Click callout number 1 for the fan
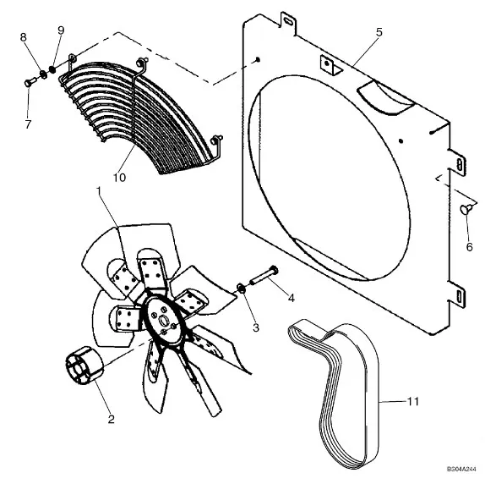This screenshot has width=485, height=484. [x=99, y=191]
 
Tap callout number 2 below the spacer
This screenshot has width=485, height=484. [x=111, y=420]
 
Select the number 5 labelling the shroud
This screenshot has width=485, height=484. [x=379, y=32]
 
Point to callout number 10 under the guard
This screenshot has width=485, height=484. [x=119, y=178]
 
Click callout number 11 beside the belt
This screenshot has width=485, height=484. [x=413, y=401]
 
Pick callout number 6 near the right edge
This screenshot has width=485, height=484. [x=469, y=247]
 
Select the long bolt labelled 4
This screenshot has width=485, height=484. [x=264, y=275]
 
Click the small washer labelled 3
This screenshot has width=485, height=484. [x=242, y=289]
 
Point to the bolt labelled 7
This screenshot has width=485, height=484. [x=30, y=82]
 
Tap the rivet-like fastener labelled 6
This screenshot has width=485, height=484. [x=466, y=209]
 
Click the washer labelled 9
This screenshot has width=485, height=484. [x=52, y=69]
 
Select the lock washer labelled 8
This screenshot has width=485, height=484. [x=44, y=74]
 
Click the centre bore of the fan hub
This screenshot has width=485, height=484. [x=162, y=320]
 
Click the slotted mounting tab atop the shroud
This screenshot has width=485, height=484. [x=288, y=22]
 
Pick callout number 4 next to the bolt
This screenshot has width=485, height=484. [x=291, y=298]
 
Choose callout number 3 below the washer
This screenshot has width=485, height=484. [x=256, y=327]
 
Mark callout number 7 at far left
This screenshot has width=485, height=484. [x=28, y=124]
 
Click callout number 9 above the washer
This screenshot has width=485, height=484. [x=61, y=30]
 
